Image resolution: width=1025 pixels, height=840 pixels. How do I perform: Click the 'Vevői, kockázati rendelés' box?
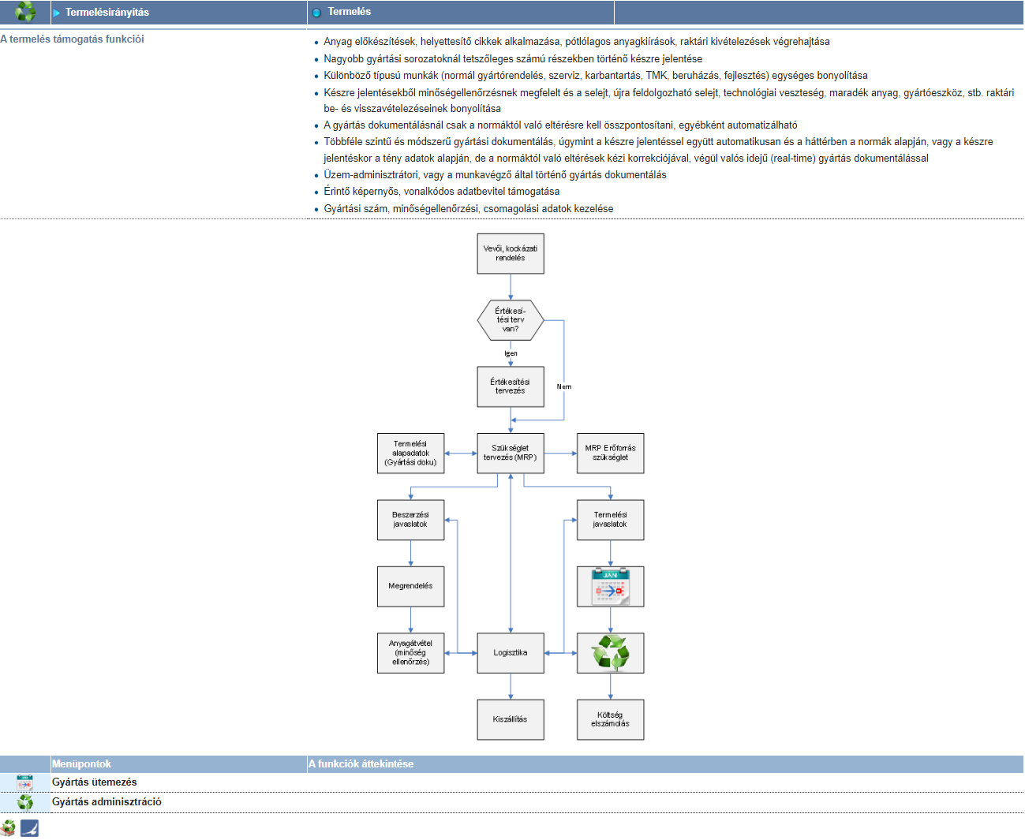(511, 253)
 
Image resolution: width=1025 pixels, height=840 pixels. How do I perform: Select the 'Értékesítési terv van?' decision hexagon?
(511, 320)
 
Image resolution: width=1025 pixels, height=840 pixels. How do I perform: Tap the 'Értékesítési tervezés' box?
(511, 386)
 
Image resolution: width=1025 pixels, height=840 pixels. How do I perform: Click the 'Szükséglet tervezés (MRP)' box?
(511, 453)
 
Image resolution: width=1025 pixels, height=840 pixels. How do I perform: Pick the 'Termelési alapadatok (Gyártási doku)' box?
(410, 453)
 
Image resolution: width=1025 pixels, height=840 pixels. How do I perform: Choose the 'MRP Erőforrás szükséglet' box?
(610, 453)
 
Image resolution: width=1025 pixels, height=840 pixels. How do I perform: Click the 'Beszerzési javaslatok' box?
(410, 520)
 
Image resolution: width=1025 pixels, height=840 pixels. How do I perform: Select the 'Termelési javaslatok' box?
(610, 520)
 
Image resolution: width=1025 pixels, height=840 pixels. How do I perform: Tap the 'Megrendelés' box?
(410, 586)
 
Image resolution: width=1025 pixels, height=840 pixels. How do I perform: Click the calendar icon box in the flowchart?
(610, 586)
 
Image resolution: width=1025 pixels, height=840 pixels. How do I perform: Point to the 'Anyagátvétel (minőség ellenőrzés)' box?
(410, 653)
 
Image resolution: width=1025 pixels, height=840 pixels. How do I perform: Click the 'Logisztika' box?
(511, 653)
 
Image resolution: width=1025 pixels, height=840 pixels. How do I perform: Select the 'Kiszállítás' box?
(511, 719)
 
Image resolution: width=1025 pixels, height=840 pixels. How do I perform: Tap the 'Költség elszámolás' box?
(610, 719)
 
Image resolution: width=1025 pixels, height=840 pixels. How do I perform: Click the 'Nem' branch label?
(564, 386)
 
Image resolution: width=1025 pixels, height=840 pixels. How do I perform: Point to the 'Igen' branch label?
(511, 353)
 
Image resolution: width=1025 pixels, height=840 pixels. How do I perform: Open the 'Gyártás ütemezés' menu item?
(95, 782)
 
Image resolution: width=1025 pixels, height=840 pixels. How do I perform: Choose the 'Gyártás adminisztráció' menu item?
(107, 802)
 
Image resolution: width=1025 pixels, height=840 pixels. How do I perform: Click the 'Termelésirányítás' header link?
(107, 13)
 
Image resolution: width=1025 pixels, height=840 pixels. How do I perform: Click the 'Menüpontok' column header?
(81, 763)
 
